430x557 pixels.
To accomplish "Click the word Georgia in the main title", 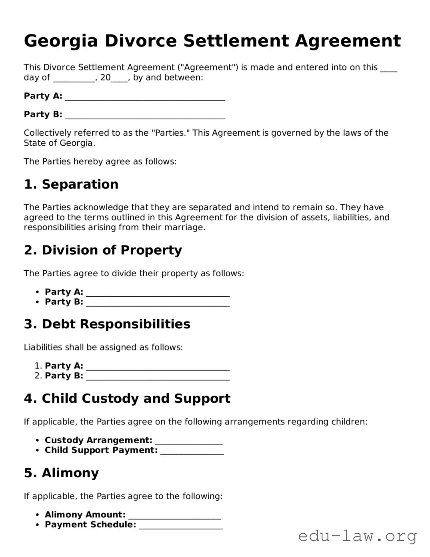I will [x=61, y=41].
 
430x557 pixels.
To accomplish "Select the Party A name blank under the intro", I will [x=145, y=97].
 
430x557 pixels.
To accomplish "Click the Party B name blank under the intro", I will [x=145, y=115].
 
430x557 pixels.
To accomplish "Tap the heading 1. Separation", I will [x=71, y=184].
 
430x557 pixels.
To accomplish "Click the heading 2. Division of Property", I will [x=103, y=250].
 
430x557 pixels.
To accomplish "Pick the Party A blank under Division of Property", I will [x=158, y=293].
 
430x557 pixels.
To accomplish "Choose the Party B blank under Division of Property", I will [x=158, y=303].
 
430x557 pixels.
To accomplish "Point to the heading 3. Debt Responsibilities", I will [x=107, y=324].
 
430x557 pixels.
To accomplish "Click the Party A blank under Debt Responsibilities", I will [x=158, y=367].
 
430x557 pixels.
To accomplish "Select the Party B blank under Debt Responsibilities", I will [x=158, y=377].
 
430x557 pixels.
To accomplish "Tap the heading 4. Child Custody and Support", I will [x=127, y=398].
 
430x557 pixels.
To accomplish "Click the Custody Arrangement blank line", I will [x=188, y=441].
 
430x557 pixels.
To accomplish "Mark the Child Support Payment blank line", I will [x=192, y=451].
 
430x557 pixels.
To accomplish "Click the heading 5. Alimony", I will [x=61, y=473].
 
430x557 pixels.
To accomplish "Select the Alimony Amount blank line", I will [x=174, y=516].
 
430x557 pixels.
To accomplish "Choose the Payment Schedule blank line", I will [x=181, y=526].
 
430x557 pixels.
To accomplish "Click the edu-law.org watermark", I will [x=357, y=536].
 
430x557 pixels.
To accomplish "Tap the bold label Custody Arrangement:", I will [x=98, y=440].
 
